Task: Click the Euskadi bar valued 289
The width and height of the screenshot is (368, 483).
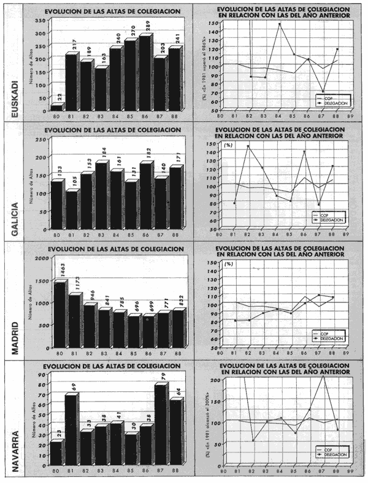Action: point(145,73)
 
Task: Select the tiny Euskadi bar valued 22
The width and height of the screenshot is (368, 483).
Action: point(56,108)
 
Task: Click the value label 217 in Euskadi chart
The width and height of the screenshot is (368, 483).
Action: point(74,45)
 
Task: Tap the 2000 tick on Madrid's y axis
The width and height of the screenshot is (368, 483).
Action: point(39,258)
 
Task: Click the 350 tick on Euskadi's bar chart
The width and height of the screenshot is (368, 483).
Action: point(40,20)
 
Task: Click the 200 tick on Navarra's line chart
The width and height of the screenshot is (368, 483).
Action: point(215,380)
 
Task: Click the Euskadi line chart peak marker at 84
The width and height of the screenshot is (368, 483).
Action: point(280,24)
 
